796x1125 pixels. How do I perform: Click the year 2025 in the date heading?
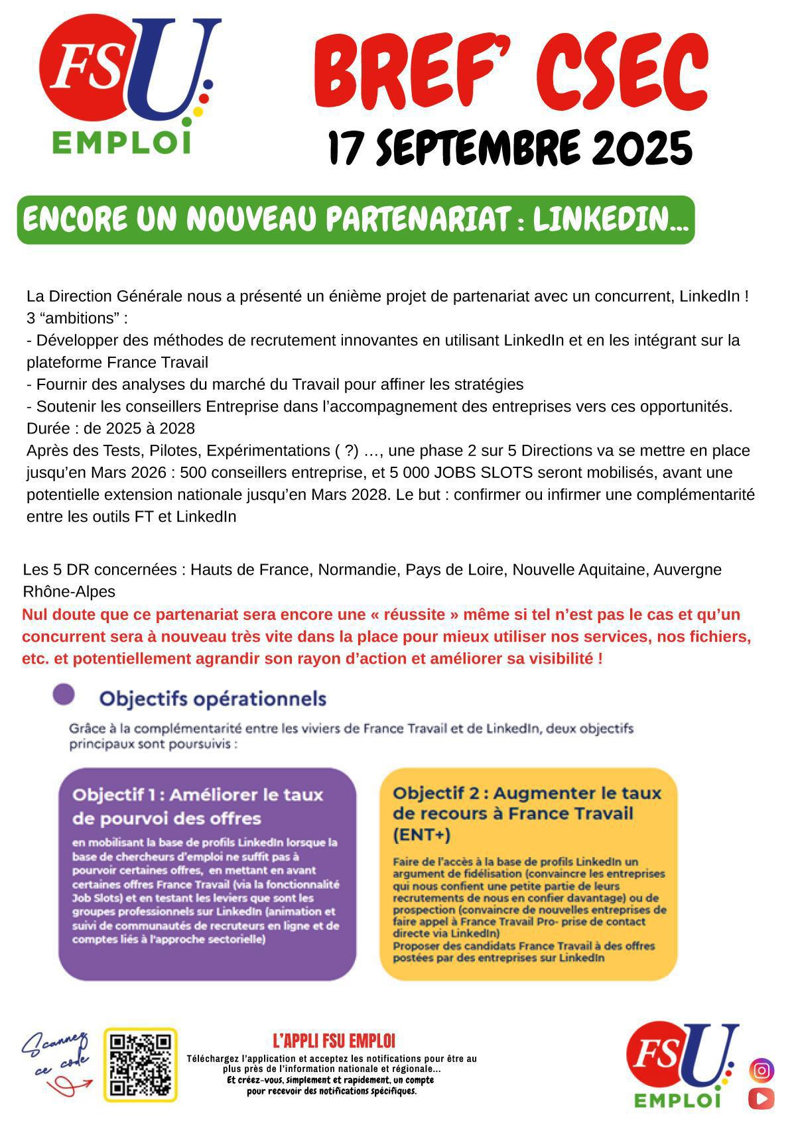point(642,149)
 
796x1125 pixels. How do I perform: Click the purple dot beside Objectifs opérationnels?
point(64,695)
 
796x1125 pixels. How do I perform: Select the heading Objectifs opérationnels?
point(212,699)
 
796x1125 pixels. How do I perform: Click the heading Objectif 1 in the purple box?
point(197,806)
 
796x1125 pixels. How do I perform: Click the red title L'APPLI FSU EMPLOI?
point(334,1040)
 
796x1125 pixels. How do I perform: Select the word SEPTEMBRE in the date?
point(473,149)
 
